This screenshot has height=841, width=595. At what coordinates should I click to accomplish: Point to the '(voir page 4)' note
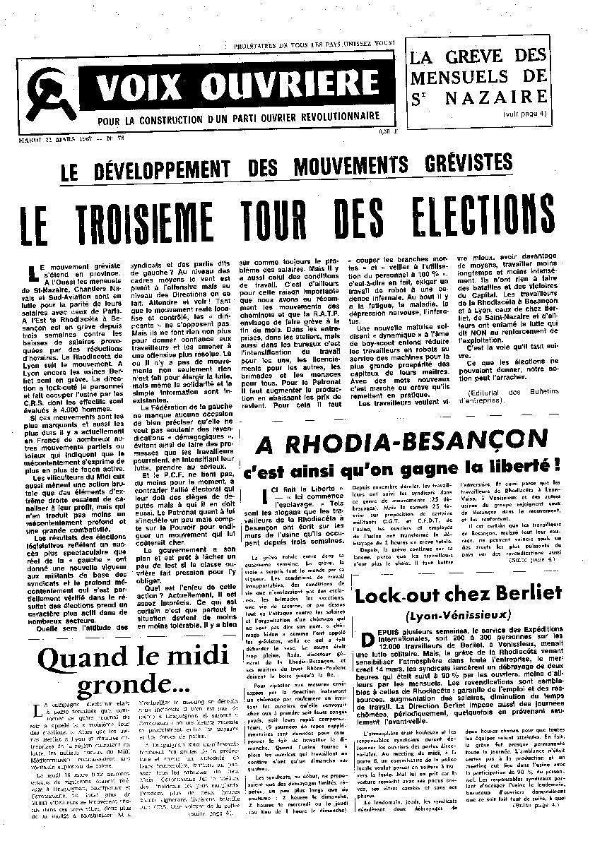[523, 113]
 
